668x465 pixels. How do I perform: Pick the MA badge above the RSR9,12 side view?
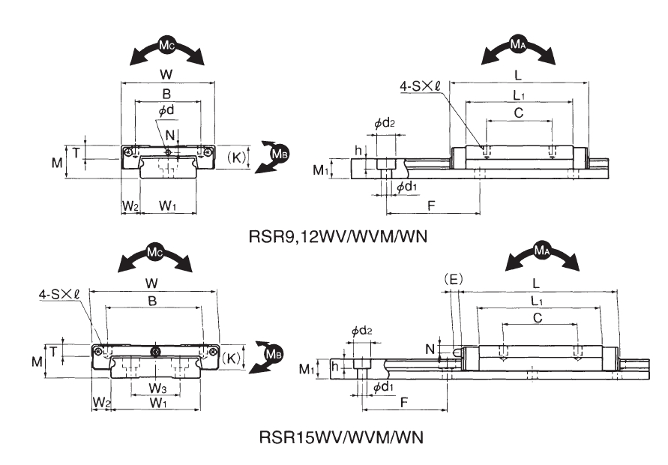coord(518,46)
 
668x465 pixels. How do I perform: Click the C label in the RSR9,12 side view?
coord(519,112)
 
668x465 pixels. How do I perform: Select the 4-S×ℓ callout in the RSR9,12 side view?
coord(421,87)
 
